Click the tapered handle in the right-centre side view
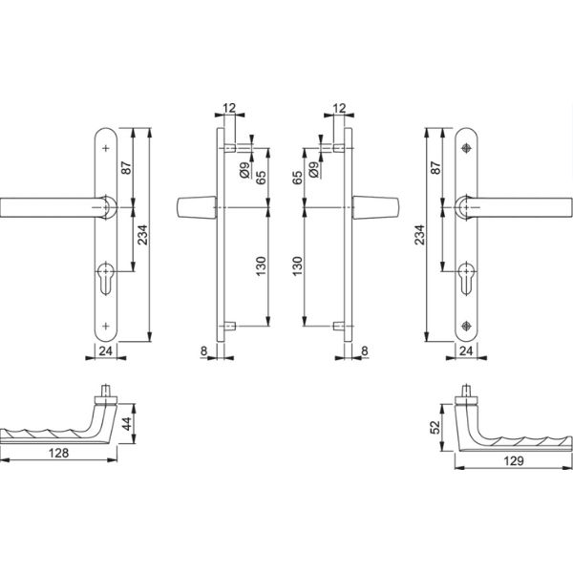(367, 207)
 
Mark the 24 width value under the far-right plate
(467, 351)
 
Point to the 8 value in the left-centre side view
(205, 351)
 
